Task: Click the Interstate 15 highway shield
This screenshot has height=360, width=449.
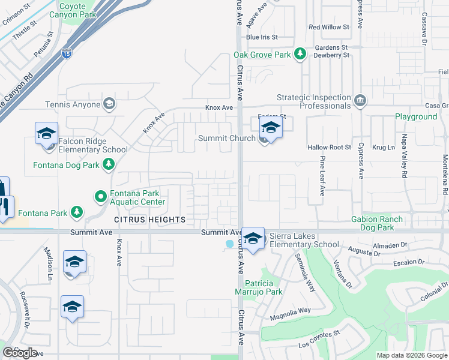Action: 66,54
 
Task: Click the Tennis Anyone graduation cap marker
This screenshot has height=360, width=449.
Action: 109,104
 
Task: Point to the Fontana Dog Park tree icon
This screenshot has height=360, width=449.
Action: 109,164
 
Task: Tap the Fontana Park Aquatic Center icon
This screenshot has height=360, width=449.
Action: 100,196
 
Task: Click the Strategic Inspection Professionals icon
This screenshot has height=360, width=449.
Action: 360,100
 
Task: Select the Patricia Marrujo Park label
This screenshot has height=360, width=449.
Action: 258,287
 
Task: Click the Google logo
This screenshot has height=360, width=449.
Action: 20,353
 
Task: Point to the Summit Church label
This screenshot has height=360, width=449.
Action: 227,139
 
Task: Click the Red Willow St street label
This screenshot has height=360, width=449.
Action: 328,27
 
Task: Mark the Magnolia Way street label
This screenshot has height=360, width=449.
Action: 291,310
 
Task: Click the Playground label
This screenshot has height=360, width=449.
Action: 415,116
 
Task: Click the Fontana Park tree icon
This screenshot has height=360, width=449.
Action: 76,212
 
